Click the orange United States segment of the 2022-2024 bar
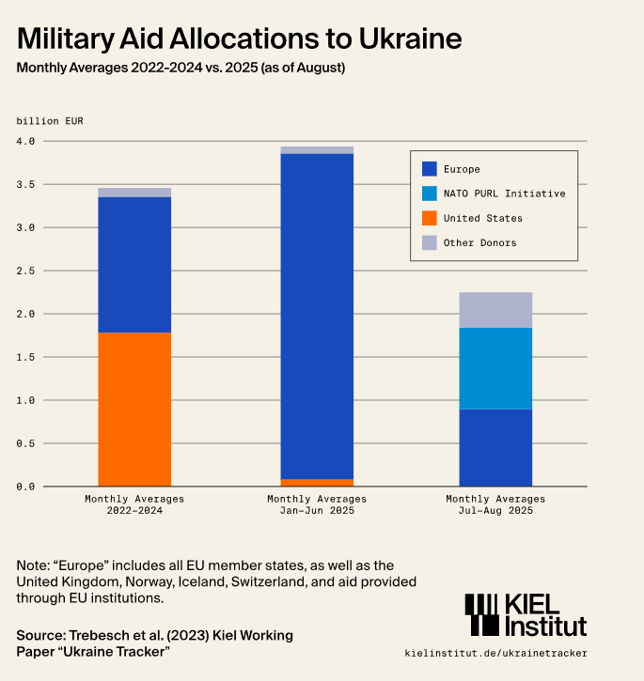pos(134,409)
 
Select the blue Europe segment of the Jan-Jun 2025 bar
pos(317,316)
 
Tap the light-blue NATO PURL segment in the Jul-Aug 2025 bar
pos(495,368)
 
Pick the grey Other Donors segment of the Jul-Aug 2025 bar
pos(495,310)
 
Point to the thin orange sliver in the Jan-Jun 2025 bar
pos(317,482)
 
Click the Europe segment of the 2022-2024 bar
pos(134,264)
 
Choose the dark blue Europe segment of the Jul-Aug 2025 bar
pos(495,447)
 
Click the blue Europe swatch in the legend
pos(430,169)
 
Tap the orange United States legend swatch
pos(430,218)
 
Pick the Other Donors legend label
pos(479,242)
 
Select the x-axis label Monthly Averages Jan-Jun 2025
pos(317,504)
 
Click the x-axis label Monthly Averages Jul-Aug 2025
pos(495,504)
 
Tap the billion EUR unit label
pos(49,120)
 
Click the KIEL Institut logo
pos(526,616)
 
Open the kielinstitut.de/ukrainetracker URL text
pos(495,653)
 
